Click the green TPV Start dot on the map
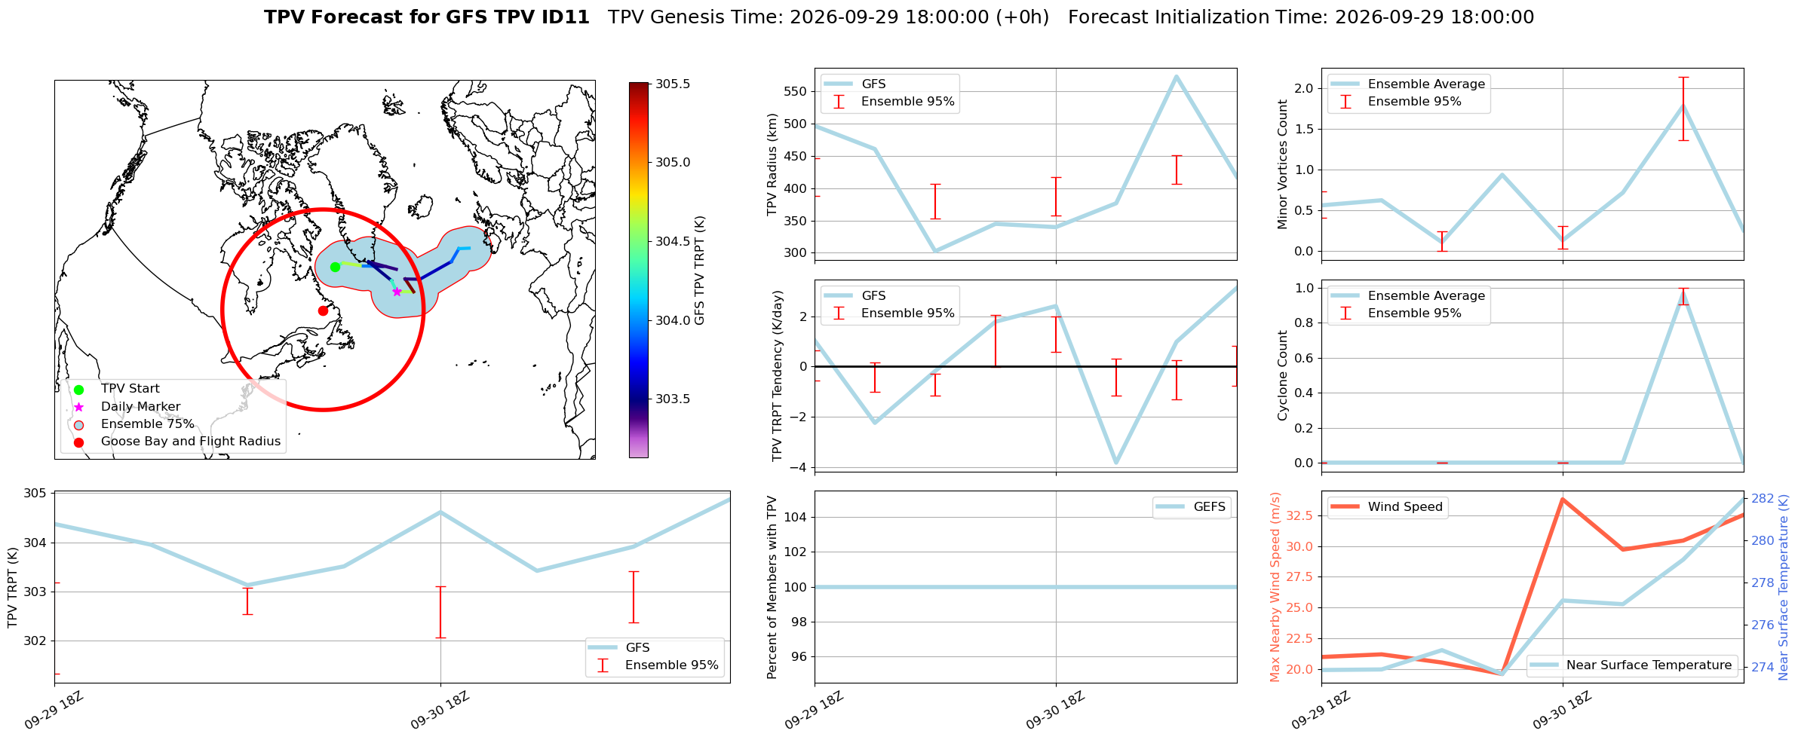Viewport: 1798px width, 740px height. point(335,267)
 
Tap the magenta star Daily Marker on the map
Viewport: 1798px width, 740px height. point(397,292)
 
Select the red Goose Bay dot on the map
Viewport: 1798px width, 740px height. point(323,310)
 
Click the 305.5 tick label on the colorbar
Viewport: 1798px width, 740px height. point(673,84)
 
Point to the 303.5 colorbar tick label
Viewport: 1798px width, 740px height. point(673,399)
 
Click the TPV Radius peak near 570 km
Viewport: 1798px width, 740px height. point(1176,76)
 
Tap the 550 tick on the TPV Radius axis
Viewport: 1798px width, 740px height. point(796,92)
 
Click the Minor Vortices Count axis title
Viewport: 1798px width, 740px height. point(1283,164)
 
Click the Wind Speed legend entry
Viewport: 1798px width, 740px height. point(1387,507)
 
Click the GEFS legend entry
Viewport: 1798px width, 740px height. point(1192,507)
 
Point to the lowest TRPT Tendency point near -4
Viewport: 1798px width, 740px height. point(1115,463)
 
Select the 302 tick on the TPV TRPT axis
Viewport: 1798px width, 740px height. point(35,641)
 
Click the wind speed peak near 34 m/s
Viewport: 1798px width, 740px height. point(1562,499)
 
